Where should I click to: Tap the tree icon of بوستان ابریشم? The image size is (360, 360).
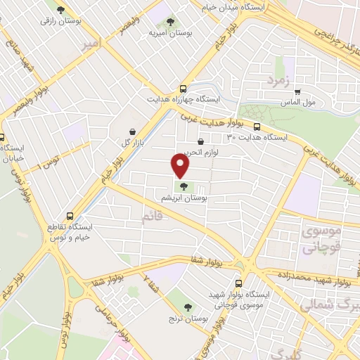[184, 186]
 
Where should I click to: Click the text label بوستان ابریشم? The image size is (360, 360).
[185, 199]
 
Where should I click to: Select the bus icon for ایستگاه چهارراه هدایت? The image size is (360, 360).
[184, 89]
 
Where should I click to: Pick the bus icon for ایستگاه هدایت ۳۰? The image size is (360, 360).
[257, 127]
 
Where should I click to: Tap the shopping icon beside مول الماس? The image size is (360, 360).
[298, 91]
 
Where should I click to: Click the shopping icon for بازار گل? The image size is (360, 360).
[133, 131]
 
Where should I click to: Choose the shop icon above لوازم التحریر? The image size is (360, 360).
[201, 142]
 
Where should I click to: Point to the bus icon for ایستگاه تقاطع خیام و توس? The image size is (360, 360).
[69, 216]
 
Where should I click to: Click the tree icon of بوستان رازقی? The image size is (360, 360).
[61, 10]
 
